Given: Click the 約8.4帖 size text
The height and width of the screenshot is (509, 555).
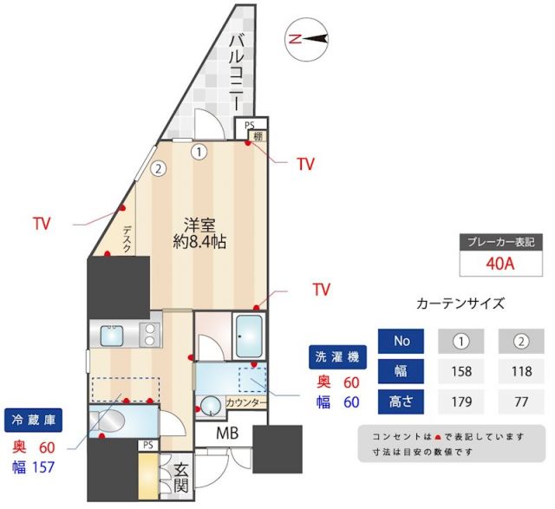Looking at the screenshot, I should pyautogui.click(x=199, y=243).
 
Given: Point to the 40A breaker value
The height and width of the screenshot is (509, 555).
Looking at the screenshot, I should pyautogui.click(x=501, y=264).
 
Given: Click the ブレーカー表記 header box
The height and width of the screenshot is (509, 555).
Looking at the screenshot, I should pyautogui.click(x=501, y=243).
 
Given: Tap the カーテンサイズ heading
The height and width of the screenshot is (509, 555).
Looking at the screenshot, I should pyautogui.click(x=460, y=304).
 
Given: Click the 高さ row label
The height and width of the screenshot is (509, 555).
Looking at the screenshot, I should pyautogui.click(x=402, y=401).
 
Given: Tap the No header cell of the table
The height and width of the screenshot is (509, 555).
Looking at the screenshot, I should pyautogui.click(x=402, y=341).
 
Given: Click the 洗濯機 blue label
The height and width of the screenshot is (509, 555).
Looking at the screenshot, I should pyautogui.click(x=335, y=356).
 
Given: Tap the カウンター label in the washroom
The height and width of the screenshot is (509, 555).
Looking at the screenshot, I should pyautogui.click(x=246, y=403).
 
